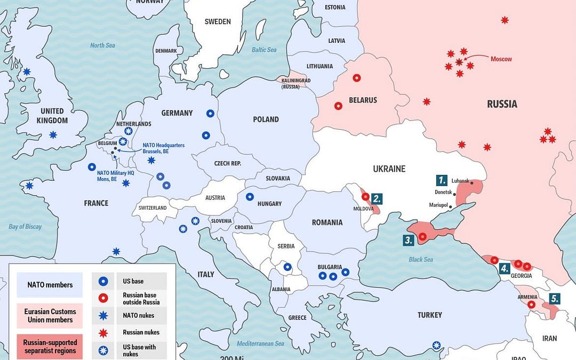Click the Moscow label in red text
coord(501,59)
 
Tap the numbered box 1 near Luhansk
coord(441,180)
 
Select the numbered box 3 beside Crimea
coord(409,240)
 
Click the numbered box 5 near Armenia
coord(555,299)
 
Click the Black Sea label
coord(421,260)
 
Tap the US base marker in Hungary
coord(250,196)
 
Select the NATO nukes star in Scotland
coord(26,71)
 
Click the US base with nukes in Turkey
coord(436,345)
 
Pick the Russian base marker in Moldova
coord(365,196)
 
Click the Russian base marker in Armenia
coord(531,305)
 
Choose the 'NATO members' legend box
coord(49,285)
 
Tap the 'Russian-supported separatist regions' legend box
coord(49,346)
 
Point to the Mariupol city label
coord(439,205)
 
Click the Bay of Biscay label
coord(25,227)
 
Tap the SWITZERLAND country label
coord(153,208)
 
